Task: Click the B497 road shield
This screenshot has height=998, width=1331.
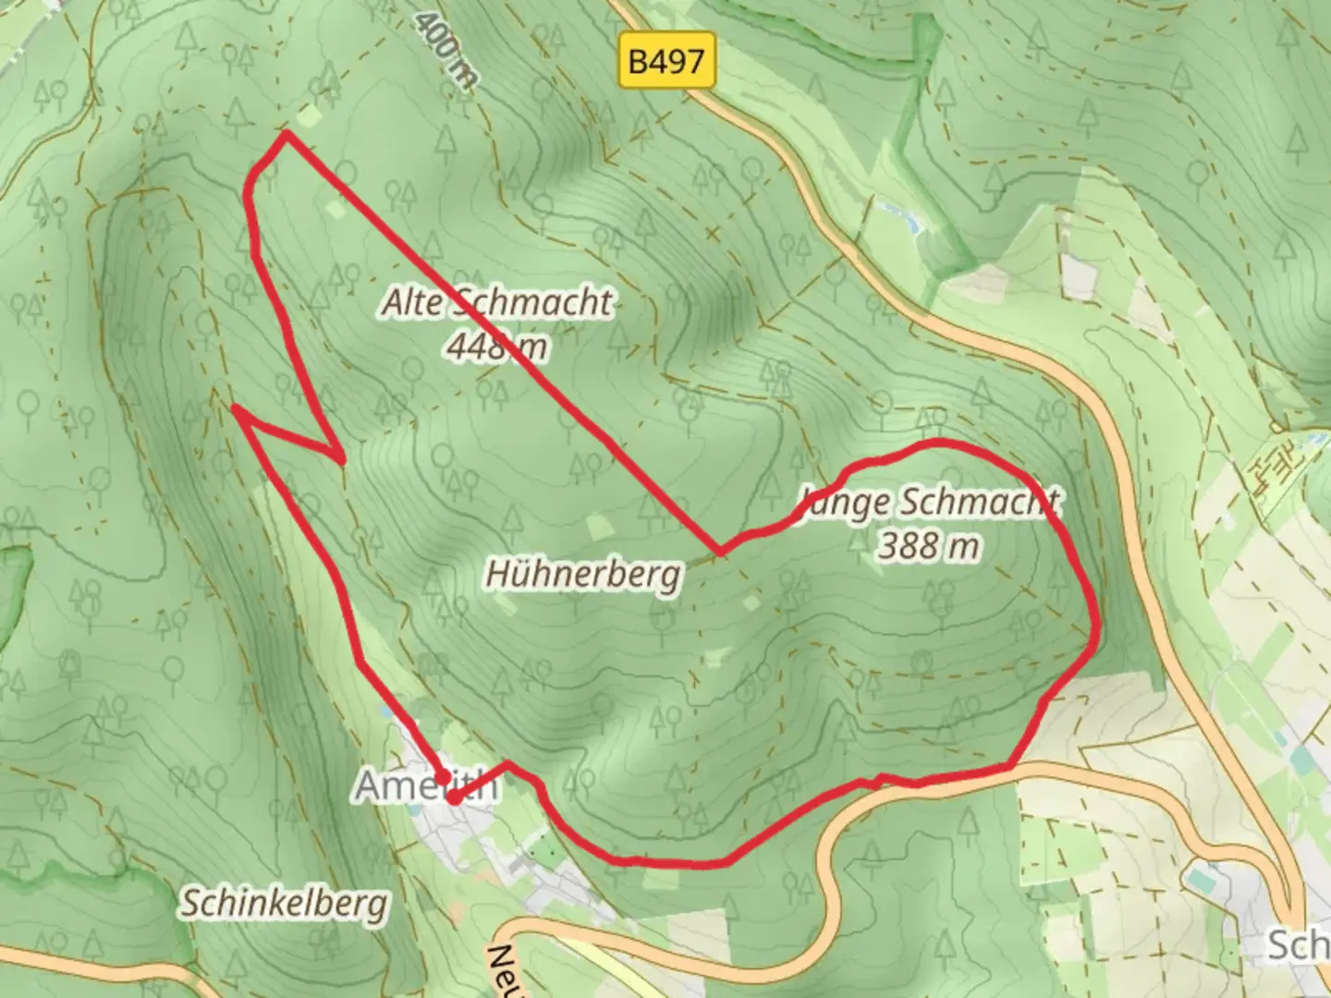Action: point(666,62)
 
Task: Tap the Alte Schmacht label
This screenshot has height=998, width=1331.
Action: point(498,302)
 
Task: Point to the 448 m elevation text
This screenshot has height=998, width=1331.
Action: point(497,347)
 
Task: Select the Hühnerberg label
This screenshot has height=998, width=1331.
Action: point(584,574)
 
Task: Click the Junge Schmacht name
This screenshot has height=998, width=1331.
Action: point(929,502)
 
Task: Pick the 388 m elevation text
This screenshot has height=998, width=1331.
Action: point(928,545)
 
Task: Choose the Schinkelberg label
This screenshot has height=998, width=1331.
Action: point(284,903)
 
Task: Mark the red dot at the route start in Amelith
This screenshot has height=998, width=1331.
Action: point(454,797)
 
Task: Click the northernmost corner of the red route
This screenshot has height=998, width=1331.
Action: point(287,134)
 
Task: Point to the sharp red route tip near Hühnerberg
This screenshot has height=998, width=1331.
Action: point(720,553)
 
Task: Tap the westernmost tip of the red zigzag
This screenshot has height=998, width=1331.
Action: point(236,407)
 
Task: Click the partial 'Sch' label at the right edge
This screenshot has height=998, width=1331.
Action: point(1298,945)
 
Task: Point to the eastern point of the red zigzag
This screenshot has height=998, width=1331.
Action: point(342,457)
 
